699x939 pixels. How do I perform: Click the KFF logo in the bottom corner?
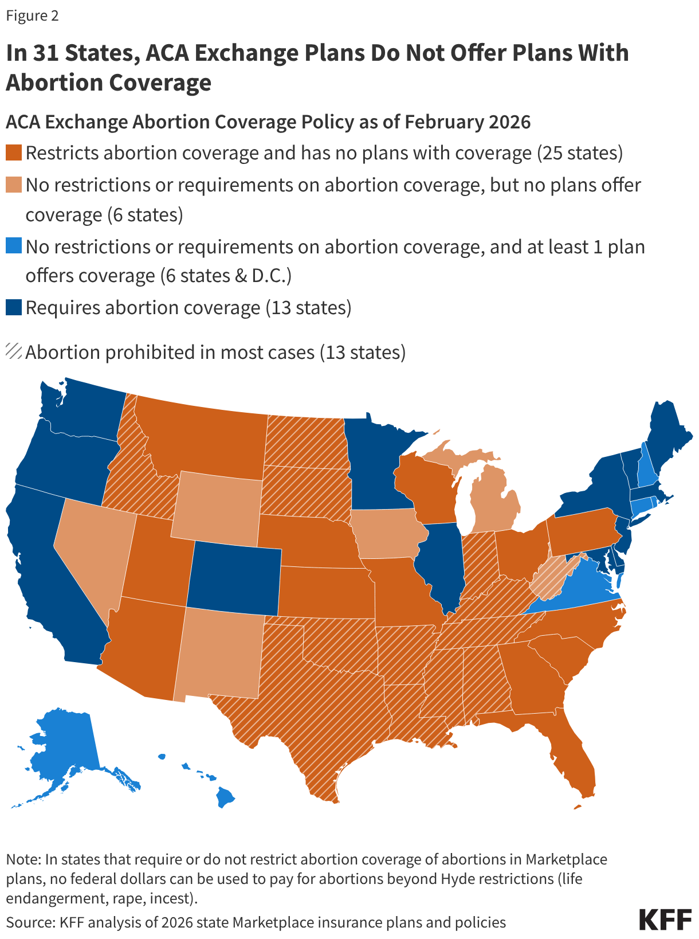(665, 919)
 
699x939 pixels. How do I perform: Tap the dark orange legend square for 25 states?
(14, 153)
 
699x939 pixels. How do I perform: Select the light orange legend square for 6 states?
(14, 185)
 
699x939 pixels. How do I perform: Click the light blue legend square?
(14, 247)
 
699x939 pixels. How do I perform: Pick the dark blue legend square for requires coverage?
(14, 308)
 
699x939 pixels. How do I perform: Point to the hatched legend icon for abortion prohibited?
(14, 351)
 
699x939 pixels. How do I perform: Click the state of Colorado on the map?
(234, 576)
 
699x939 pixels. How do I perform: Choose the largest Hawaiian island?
(226, 796)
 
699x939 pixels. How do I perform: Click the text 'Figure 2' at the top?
(33, 15)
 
